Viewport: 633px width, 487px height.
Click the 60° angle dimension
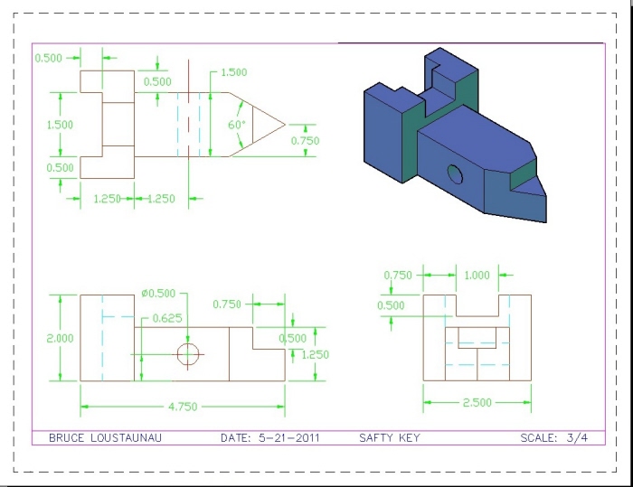pos(237,125)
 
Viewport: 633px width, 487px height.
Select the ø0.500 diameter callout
pos(158,294)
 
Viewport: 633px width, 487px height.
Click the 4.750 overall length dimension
pos(183,407)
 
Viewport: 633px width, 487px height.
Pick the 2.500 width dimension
pos(477,402)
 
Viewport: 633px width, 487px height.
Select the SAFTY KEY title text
pos(390,438)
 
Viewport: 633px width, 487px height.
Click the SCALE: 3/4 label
pos(553,438)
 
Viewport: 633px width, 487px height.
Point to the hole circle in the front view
pos(188,354)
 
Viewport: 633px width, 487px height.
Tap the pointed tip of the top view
pos(284,124)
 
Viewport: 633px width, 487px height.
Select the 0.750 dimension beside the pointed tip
pos(305,141)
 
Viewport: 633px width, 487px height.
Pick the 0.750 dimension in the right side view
pos(398,276)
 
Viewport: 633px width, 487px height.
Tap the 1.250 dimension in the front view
pos(315,355)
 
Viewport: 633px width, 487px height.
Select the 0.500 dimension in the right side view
pos(392,305)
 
